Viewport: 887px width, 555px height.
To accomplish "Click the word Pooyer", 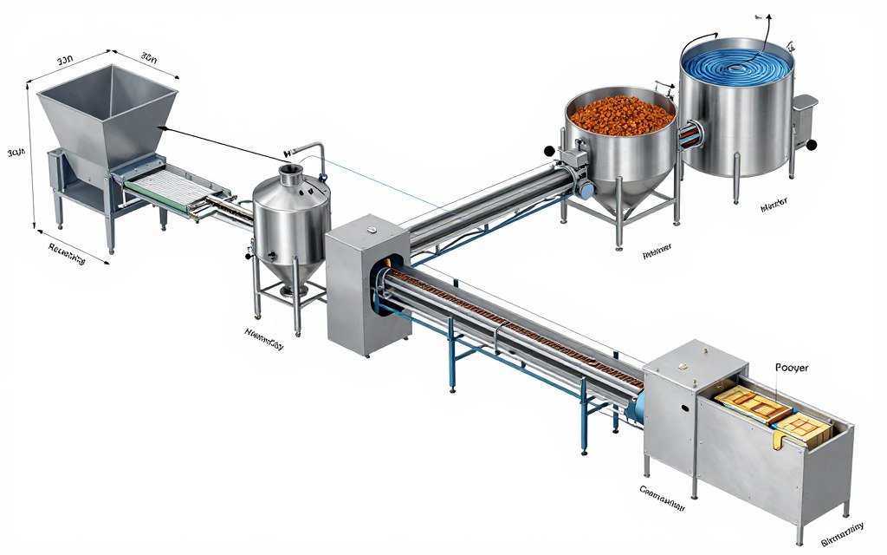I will coord(792,368).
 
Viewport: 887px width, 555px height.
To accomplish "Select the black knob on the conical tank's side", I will coord(249,255).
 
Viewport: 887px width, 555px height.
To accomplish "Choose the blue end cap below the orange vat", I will coord(586,187).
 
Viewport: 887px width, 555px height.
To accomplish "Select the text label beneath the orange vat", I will coord(657,255).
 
